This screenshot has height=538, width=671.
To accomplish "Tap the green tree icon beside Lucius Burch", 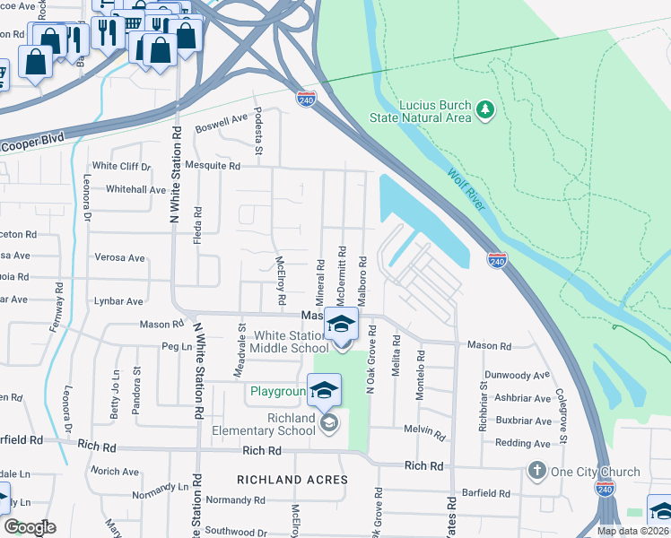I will (x=485, y=109).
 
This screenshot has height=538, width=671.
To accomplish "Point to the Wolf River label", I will (x=465, y=190).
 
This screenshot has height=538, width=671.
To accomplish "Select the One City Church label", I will (x=596, y=472).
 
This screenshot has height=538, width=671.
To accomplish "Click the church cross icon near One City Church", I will (x=536, y=472).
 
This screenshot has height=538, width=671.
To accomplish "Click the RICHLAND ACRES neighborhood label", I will (x=292, y=480).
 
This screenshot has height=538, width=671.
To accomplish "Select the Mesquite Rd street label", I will (x=213, y=166).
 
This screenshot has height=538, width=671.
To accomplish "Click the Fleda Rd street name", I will (x=198, y=227).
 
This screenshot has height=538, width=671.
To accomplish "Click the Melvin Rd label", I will (x=424, y=430).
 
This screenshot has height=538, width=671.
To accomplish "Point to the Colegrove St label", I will (x=562, y=412).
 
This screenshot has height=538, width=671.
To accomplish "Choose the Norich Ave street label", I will (x=114, y=472).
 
